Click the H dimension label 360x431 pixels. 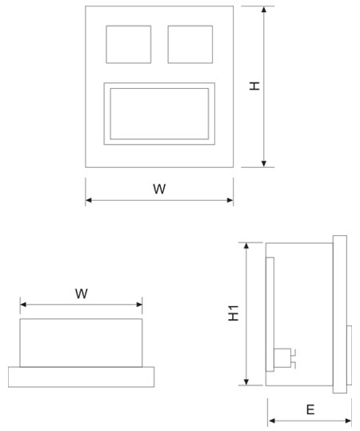pyautogui.click(x=254, y=86)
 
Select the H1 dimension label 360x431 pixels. pyautogui.click(x=234, y=313)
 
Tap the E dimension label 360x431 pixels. pyautogui.click(x=310, y=410)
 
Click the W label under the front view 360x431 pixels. pyautogui.click(x=159, y=189)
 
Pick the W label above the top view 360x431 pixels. pyautogui.click(x=82, y=293)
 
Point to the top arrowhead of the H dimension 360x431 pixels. pyautogui.click(x=264, y=10)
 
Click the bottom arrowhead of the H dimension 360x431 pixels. pyautogui.click(x=264, y=164)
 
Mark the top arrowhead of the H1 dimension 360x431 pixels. pyautogui.click(x=246, y=245)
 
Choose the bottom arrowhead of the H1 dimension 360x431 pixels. pyautogui.click(x=246, y=381)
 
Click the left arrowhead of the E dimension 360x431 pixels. pyautogui.click(x=272, y=421)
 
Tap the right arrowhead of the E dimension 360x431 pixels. pyautogui.click(x=348, y=421)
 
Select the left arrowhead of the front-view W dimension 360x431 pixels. pyautogui.click(x=89, y=200)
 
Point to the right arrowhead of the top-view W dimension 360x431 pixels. pyautogui.click(x=139, y=305)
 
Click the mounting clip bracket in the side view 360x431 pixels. pyautogui.click(x=284, y=358)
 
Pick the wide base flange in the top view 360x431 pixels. pyautogui.click(x=81, y=377)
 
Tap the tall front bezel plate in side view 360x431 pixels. pyautogui.click(x=340, y=314)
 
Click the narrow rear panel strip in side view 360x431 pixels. pyautogui.click(x=270, y=314)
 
